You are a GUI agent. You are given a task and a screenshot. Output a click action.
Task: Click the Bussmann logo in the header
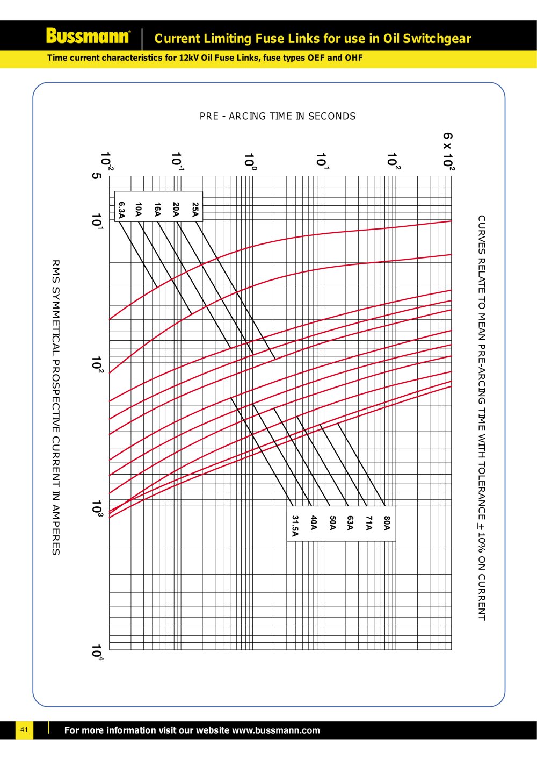pyautogui.click(x=88, y=36)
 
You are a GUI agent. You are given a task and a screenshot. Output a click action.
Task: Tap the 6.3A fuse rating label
pyautogui.click(x=122, y=210)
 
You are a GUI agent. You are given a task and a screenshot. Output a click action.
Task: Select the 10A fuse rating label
pyautogui.click(x=139, y=210)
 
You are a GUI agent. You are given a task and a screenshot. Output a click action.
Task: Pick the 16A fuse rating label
pyautogui.click(x=157, y=210)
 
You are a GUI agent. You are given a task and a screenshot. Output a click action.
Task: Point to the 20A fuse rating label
pyautogui.click(x=176, y=210)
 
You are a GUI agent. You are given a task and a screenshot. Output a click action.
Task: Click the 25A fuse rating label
pyautogui.click(x=195, y=210)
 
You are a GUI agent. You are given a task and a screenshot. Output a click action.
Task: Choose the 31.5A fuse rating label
pyautogui.click(x=295, y=526)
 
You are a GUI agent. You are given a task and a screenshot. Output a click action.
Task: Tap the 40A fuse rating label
pyautogui.click(x=314, y=522)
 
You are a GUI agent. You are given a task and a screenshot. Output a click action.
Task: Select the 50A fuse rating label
pyautogui.click(x=332, y=522)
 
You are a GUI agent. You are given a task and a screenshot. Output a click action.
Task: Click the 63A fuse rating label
pyautogui.click(x=350, y=522)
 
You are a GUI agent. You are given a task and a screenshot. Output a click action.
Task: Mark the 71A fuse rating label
pyautogui.click(x=368, y=522)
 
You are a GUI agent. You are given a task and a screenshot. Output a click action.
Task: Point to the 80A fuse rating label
pyautogui.click(x=387, y=522)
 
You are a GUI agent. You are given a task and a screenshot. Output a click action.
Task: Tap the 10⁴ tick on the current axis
pyautogui.click(x=97, y=652)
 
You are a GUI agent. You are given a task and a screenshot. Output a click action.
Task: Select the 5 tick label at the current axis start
pyautogui.click(x=96, y=176)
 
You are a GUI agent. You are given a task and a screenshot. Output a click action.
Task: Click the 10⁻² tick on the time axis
pyautogui.click(x=106, y=161)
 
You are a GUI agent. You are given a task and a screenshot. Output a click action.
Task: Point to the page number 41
pyautogui.click(x=24, y=730)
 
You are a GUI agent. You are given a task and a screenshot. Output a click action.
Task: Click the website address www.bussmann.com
pyautogui.click(x=275, y=730)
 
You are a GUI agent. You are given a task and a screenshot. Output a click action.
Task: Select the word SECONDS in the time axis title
pyautogui.click(x=332, y=116)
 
